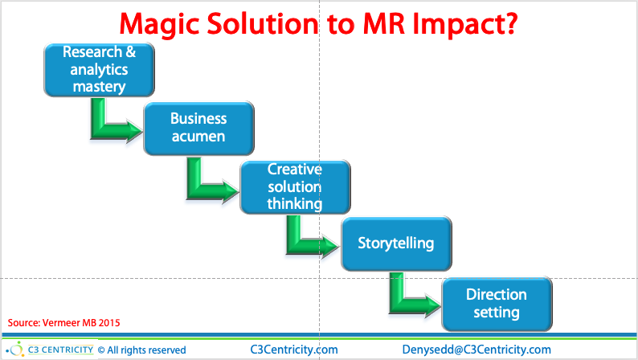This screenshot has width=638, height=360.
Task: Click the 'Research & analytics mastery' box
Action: [x=98, y=69]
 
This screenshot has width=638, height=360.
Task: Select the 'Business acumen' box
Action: [x=198, y=128]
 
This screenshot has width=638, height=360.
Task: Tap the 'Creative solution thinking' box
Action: [x=295, y=186]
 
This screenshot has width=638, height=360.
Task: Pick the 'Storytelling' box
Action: [x=396, y=243]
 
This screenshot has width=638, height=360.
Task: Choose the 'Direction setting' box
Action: [x=497, y=303]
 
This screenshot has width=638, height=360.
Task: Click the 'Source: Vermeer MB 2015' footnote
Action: [x=64, y=323]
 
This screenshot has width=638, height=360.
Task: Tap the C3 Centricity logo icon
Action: [x=15, y=349]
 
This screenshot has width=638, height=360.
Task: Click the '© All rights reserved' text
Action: [x=142, y=350]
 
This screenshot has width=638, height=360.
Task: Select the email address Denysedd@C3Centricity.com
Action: [x=476, y=350]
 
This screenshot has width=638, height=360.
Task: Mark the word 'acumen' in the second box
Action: [x=198, y=136]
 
